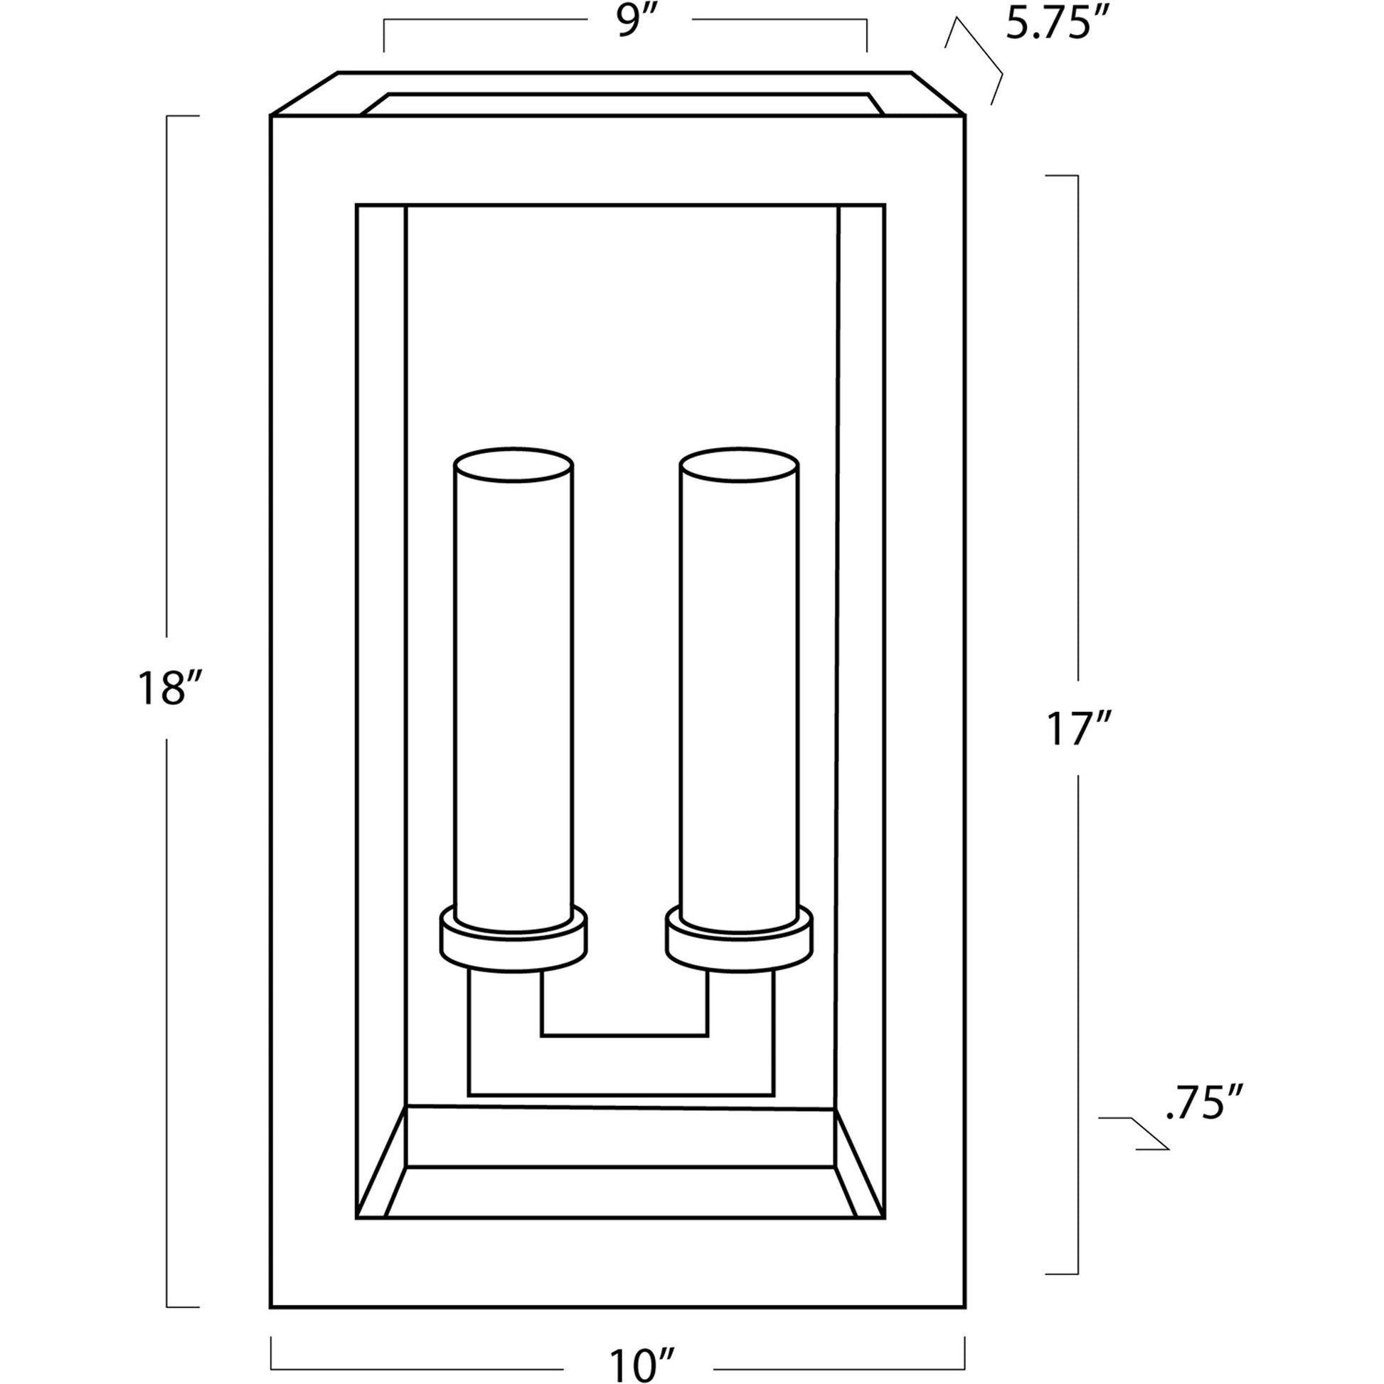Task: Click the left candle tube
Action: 513,695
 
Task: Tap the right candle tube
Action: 739,695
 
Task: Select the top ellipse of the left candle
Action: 513,465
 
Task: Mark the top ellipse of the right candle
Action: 739,465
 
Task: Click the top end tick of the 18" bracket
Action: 183,116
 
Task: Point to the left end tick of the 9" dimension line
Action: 384,36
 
